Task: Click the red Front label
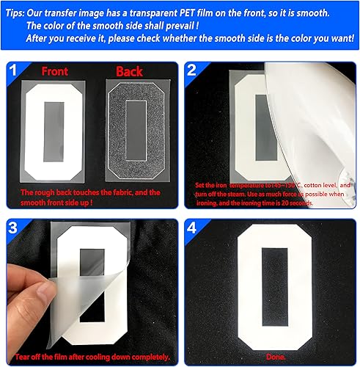pos(55,72)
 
